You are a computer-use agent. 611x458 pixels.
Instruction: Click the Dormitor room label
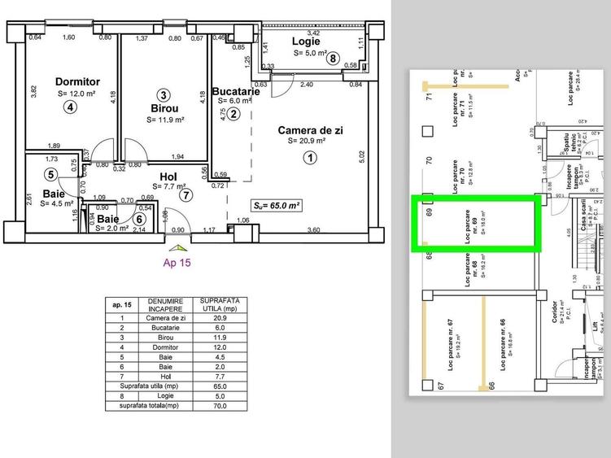(x=77, y=81)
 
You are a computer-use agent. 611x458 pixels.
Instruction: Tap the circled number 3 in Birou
(x=164, y=94)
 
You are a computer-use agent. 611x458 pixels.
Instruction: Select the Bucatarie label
(x=235, y=92)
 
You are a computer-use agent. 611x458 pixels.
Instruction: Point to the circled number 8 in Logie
(x=332, y=58)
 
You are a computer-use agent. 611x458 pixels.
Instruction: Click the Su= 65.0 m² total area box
(x=277, y=207)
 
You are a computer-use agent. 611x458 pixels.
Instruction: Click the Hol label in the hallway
(x=168, y=176)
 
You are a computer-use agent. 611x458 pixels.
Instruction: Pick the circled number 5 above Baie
(x=50, y=174)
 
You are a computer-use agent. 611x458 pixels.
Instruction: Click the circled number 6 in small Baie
(x=140, y=218)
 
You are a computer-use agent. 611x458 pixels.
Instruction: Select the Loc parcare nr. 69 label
(x=469, y=221)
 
